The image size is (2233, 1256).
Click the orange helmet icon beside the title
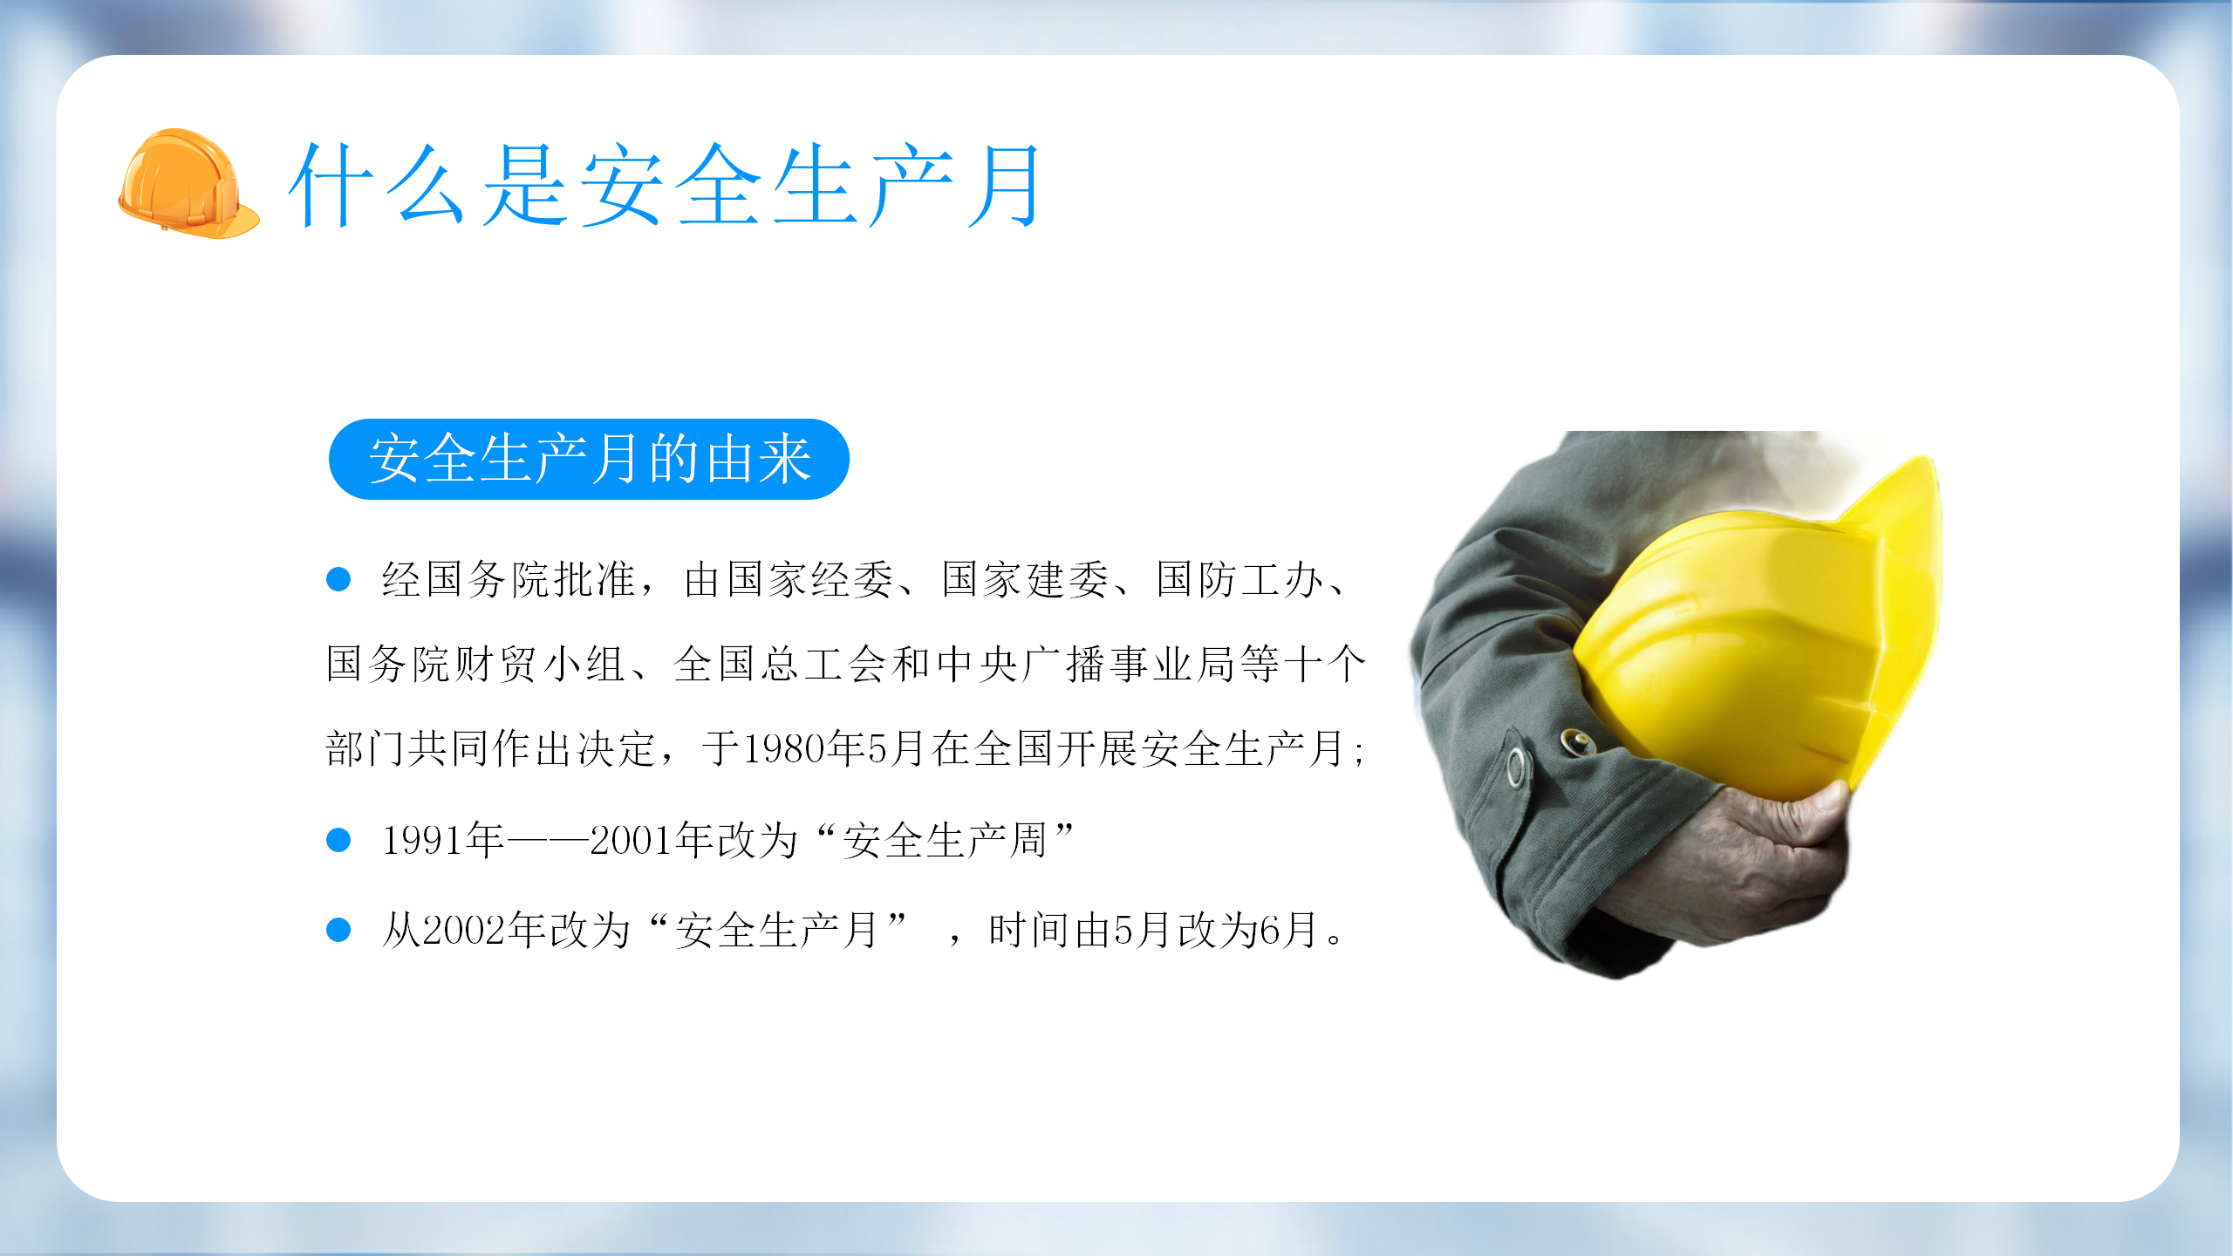pos(188,183)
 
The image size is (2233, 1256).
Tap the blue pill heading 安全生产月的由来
pos(589,459)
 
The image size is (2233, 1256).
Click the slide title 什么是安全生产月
pos(666,185)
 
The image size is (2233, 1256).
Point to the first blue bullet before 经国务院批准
pos(338,579)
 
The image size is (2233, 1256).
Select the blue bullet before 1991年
pos(338,840)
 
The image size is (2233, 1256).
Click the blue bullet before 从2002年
pos(338,930)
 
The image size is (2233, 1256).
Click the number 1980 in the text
pos(784,749)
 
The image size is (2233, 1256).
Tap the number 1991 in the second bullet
pos(423,840)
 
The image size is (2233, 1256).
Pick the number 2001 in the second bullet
pos(632,840)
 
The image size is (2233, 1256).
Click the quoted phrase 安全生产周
pos(944,840)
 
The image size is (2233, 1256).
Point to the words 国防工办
pos(1239,579)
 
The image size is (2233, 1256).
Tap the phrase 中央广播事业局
pos(1087,664)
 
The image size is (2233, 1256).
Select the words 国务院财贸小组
pos(475,664)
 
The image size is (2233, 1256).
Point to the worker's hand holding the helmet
pos(1736,863)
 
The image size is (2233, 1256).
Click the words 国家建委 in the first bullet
pos(1026,579)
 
